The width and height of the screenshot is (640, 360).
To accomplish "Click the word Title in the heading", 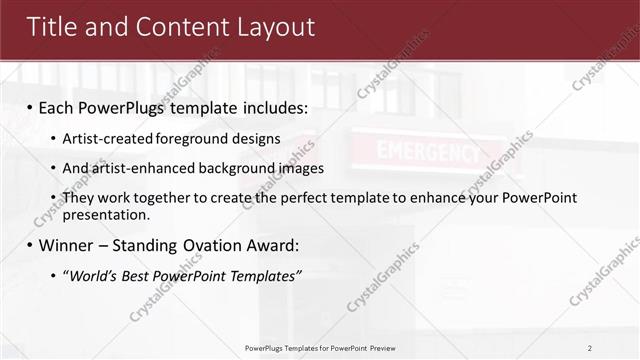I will coord(53,27).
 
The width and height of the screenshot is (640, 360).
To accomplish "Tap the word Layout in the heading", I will coord(272,27).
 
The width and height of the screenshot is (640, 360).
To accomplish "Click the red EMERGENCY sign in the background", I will coord(427,153).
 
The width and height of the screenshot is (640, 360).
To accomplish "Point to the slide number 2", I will coord(590,347).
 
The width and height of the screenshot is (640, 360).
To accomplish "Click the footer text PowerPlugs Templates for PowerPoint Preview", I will coord(320,347).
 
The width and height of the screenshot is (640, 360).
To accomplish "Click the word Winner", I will coord(67,245).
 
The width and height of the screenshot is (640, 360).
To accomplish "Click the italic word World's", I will coord(92,275).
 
